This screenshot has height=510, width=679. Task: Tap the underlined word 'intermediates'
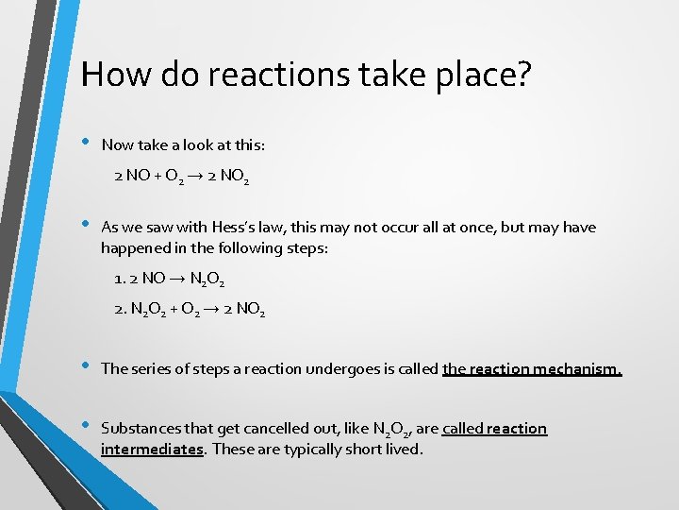tap(152, 449)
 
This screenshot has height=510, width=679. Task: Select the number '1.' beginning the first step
tap(119, 279)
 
